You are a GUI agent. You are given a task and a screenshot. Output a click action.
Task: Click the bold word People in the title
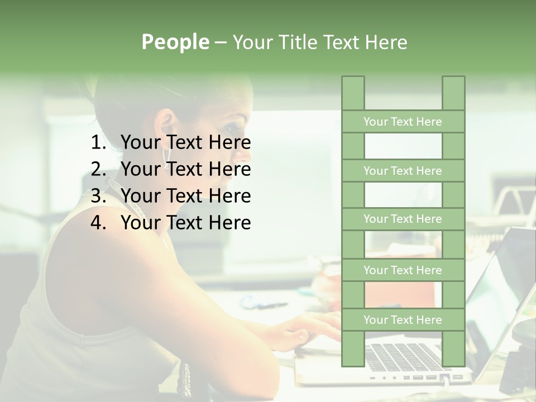point(175,42)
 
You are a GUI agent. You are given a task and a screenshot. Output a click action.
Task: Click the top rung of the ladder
point(403,122)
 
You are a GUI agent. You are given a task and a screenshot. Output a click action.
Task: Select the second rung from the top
point(403,171)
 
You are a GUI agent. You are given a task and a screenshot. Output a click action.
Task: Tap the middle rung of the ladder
point(403,219)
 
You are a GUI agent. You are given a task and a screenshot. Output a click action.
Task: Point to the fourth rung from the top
point(403,270)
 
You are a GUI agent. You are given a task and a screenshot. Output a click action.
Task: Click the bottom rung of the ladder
point(403,320)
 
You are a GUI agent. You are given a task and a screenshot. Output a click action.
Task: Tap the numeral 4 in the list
point(97,223)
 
